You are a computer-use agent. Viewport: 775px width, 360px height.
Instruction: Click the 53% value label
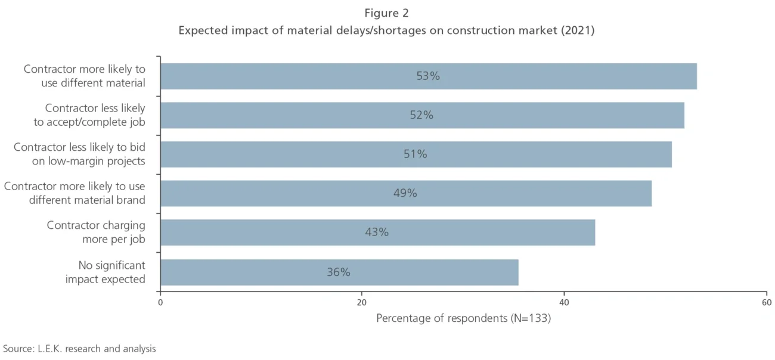point(428,76)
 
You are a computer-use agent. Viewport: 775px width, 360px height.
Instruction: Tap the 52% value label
point(421,116)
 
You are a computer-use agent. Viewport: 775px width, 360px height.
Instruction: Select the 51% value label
point(415,154)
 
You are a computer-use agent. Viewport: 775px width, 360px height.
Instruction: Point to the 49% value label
point(405,193)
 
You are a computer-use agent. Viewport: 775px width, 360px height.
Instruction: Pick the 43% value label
point(377,232)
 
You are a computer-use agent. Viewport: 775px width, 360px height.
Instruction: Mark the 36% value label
point(338,272)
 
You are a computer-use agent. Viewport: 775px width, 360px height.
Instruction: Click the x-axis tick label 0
point(160,303)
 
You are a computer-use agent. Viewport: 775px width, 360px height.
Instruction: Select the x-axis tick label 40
point(564,303)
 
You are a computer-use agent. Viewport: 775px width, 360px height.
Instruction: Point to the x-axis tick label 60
point(766,303)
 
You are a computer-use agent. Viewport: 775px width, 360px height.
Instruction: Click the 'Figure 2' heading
point(386,13)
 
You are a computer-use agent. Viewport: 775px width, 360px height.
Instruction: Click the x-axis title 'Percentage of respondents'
point(442,319)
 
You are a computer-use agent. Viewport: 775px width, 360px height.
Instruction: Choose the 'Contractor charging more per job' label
point(96,232)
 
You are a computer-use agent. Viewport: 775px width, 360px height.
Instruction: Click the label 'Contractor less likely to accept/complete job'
point(95,115)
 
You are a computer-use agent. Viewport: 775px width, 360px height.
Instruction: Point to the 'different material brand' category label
point(87,200)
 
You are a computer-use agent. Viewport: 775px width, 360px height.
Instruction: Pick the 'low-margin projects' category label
point(97,161)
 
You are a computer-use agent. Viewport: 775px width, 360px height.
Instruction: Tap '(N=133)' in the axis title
point(530,319)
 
